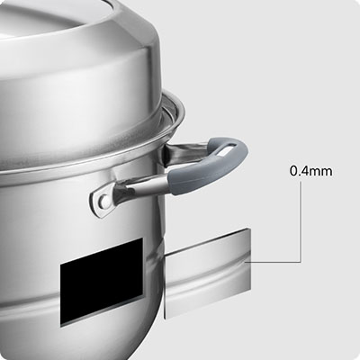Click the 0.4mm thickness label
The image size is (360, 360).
[311, 171]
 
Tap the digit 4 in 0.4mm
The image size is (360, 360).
[305, 171]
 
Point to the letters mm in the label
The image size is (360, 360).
[321, 173]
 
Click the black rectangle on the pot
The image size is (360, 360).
[102, 283]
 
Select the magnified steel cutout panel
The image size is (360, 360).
[208, 273]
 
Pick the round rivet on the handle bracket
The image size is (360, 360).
[103, 199]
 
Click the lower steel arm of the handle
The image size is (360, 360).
[141, 186]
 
